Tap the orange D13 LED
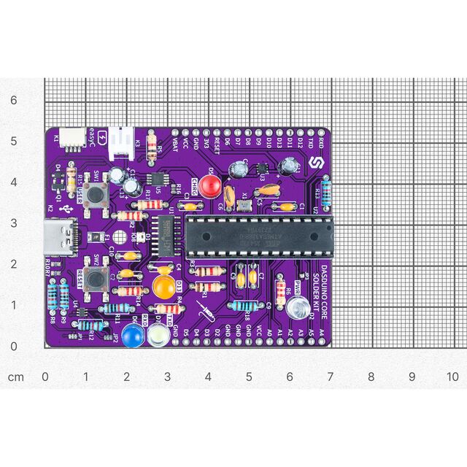[x=163, y=284]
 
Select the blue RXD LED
[x=133, y=336]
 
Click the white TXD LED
[x=156, y=336]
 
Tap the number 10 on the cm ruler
[x=453, y=377]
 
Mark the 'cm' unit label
[x=16, y=377]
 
